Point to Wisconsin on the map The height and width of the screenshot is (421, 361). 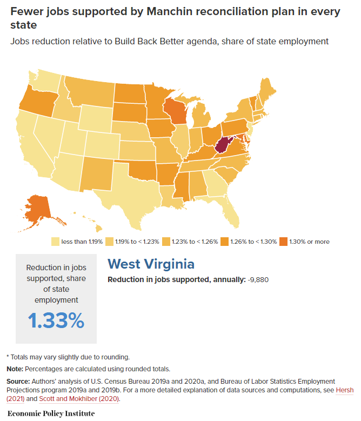[173, 111]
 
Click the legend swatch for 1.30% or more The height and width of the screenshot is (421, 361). [284, 242]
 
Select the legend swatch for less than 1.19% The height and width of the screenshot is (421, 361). [55, 242]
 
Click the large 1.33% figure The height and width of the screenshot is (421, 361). [56, 320]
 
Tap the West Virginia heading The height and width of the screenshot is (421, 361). [151, 264]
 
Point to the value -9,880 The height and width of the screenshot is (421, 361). [258, 279]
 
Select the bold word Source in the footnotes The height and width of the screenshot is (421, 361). [18, 381]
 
